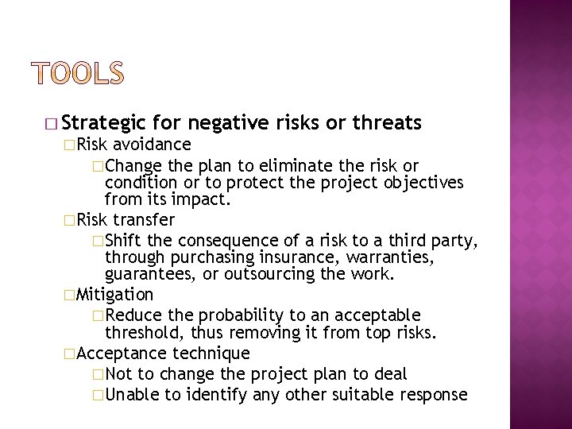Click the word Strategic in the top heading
pyautogui.click(x=102, y=123)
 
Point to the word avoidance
pyautogui.click(x=152, y=145)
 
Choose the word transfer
pyautogui.click(x=144, y=218)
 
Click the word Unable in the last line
pyautogui.click(x=126, y=395)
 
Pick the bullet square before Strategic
pyautogui.click(x=52, y=124)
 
